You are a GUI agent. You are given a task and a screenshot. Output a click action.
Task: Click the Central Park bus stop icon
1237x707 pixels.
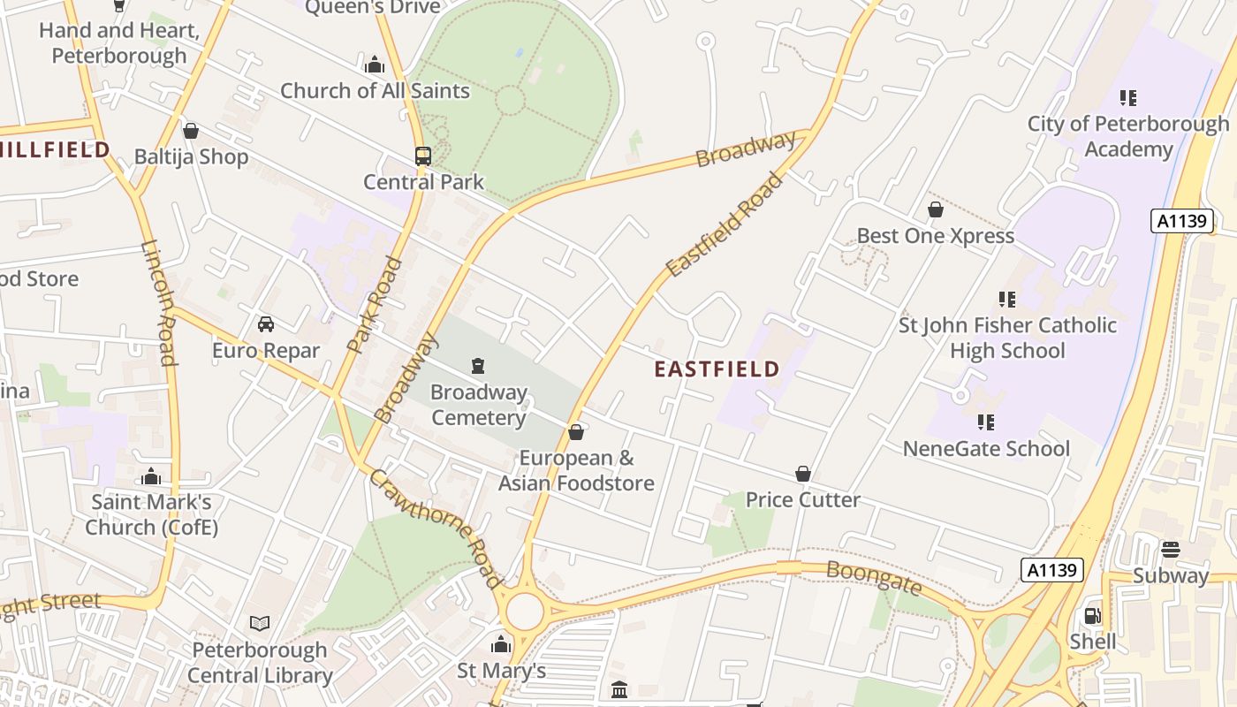(x=423, y=156)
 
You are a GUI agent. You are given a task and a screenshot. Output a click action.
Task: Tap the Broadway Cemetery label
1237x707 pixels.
(x=479, y=404)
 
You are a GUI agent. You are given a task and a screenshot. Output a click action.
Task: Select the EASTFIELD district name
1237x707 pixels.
(x=717, y=369)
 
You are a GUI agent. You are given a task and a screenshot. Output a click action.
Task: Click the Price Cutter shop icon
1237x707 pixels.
(x=803, y=475)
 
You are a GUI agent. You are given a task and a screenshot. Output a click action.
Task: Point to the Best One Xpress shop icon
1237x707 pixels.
(x=936, y=210)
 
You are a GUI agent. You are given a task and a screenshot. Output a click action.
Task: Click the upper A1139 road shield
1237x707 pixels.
(x=1182, y=221)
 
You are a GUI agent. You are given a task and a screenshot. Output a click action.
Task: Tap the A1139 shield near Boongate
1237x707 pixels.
(x=1051, y=570)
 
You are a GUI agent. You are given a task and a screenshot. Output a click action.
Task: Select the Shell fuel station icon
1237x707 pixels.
(x=1093, y=616)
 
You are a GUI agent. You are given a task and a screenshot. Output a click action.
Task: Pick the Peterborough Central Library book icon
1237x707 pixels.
(x=260, y=624)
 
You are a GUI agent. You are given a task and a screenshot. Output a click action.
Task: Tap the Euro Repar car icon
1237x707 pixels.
(x=266, y=324)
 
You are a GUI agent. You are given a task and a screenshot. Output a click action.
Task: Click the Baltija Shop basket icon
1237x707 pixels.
(x=191, y=132)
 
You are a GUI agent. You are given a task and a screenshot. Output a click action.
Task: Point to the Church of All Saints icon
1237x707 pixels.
(x=375, y=65)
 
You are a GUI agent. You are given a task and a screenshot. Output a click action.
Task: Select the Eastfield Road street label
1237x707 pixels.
(x=725, y=224)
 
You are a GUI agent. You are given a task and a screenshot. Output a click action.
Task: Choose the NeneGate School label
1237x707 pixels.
(x=986, y=449)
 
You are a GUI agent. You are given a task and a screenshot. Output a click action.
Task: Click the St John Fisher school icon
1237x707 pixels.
(x=1007, y=300)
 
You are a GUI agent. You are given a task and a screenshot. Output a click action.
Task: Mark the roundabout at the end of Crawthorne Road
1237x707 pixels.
(x=524, y=611)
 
